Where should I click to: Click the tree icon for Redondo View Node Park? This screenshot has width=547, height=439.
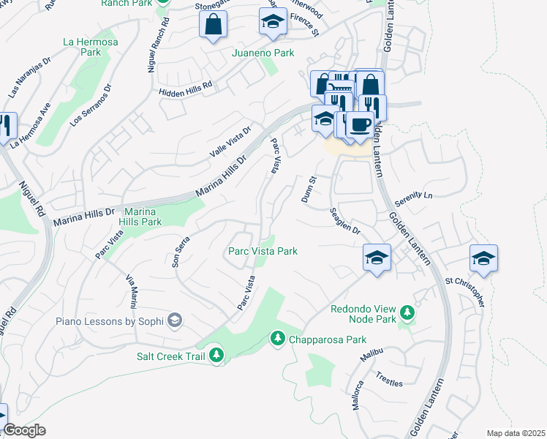(407, 314)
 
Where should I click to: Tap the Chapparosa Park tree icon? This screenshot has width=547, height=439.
(277, 338)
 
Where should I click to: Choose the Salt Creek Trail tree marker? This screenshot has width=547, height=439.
(216, 355)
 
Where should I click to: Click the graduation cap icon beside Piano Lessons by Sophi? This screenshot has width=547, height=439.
(175, 320)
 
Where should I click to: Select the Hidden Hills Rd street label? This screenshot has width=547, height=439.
(185, 86)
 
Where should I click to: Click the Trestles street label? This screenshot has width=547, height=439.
(389, 378)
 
